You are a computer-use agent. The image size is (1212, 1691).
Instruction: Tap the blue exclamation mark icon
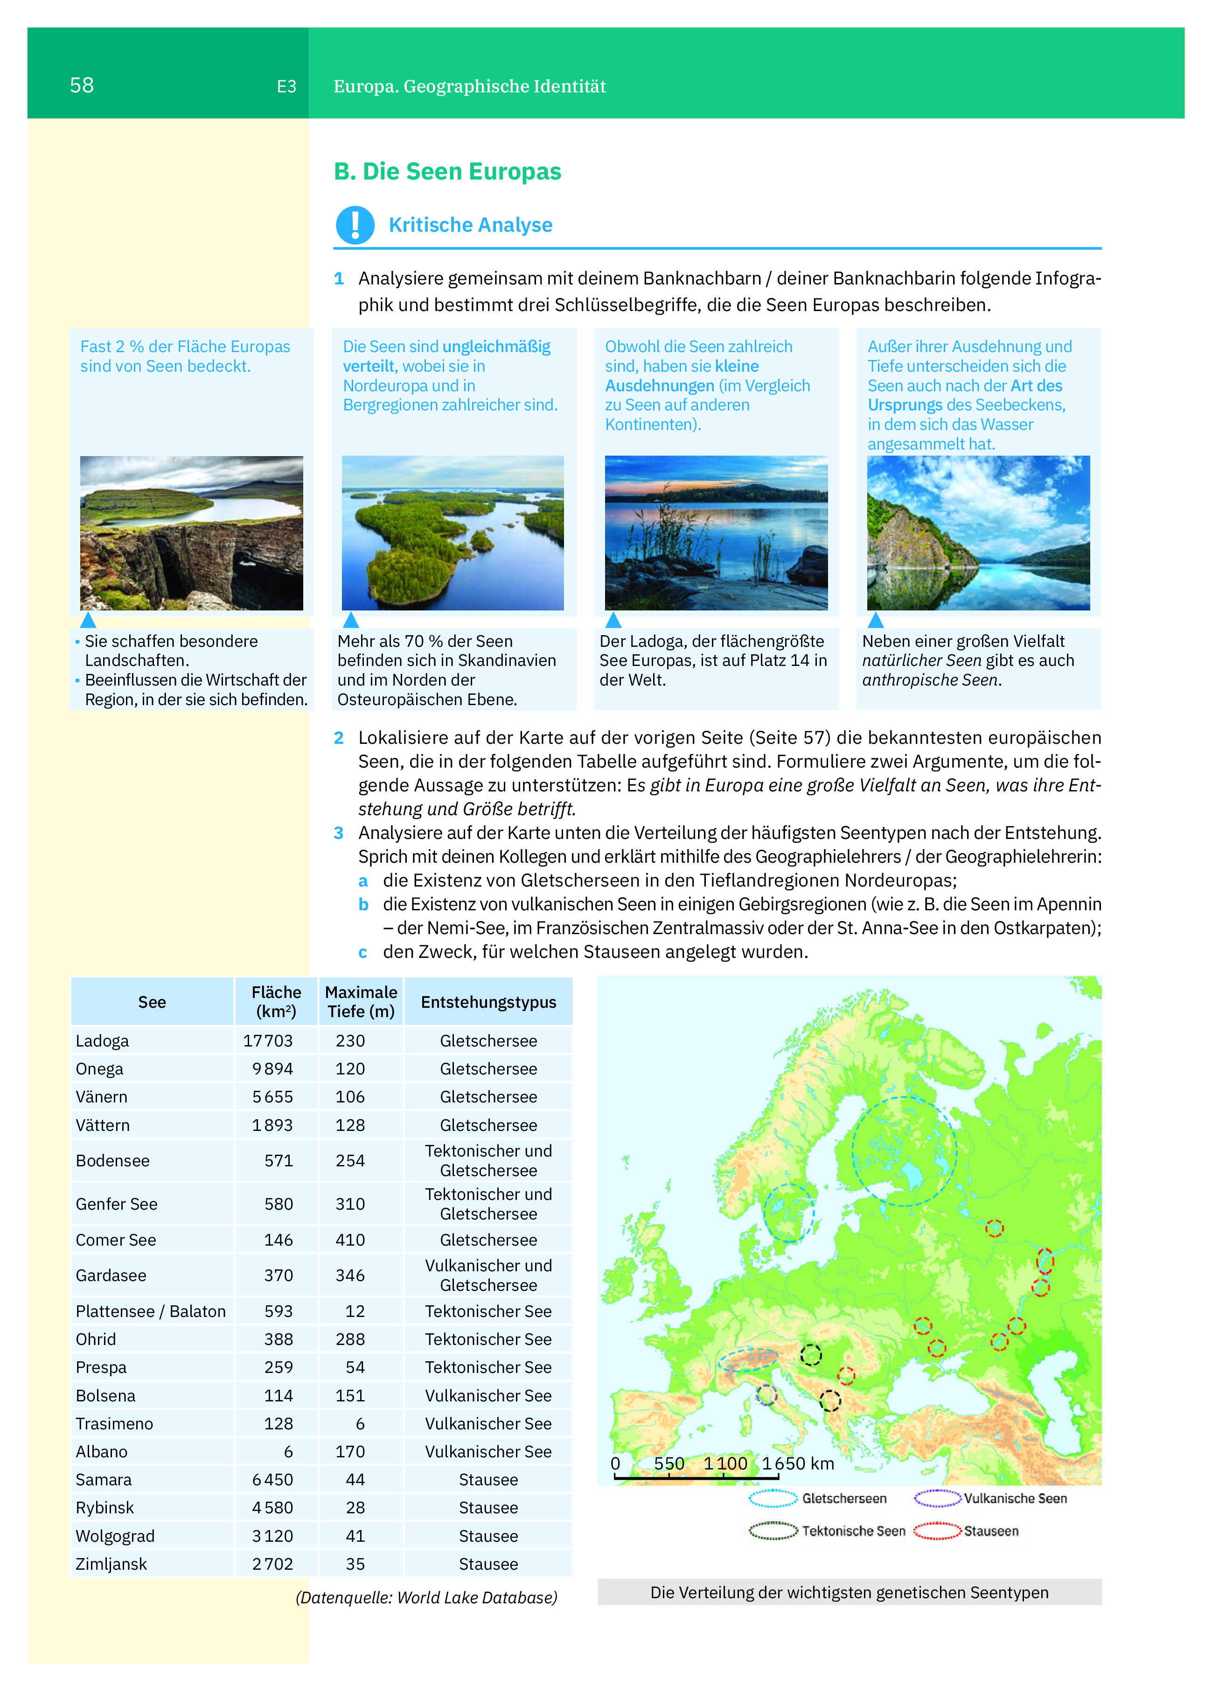click(355, 224)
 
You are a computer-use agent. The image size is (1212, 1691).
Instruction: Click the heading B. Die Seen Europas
click(447, 172)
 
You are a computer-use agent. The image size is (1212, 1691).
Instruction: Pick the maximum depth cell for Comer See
click(350, 1240)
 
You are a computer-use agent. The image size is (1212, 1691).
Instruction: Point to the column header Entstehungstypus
click(488, 1002)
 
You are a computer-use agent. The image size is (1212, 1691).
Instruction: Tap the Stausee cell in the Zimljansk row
click(488, 1564)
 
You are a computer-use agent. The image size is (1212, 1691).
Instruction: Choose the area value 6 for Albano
click(288, 1452)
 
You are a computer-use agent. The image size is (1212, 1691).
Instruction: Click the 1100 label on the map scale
click(725, 1463)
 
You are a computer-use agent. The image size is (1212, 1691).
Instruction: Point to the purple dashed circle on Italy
click(766, 1394)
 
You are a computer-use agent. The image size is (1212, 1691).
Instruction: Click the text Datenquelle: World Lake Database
click(426, 1598)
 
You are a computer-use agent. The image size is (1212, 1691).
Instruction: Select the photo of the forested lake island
click(453, 533)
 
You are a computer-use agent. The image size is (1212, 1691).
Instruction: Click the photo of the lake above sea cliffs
click(192, 533)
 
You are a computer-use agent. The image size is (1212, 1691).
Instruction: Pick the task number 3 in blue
click(339, 833)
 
